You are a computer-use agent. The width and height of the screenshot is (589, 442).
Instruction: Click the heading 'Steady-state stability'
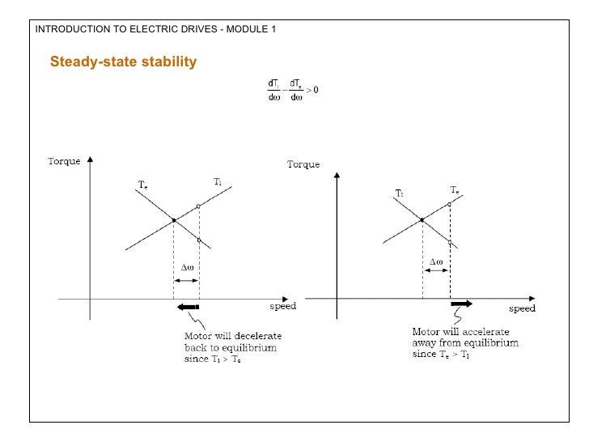[123, 62]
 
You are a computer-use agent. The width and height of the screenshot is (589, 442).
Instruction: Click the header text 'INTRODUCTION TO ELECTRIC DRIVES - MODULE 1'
[155, 30]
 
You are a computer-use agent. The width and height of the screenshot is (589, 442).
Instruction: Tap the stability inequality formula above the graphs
[292, 90]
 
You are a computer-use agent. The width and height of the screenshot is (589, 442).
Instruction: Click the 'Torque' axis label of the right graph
[303, 165]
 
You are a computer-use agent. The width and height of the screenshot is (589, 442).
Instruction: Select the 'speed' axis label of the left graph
[282, 307]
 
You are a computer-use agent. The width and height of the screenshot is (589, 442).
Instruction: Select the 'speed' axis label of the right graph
[522, 308]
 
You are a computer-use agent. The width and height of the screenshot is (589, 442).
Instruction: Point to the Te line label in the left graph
[142, 185]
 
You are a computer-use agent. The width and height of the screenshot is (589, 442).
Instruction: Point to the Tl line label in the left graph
[218, 182]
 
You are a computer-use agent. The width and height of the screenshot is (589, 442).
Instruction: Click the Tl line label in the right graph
[400, 193]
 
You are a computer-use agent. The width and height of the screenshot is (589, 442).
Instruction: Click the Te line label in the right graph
[455, 189]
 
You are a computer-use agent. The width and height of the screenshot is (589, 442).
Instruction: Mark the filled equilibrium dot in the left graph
[174, 220]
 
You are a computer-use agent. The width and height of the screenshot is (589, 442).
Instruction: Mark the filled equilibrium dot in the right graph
[422, 220]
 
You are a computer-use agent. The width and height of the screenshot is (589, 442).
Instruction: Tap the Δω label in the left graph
[185, 266]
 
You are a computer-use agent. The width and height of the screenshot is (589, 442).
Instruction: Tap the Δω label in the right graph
[435, 262]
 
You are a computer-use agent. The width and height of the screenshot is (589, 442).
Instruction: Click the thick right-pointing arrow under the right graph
[461, 304]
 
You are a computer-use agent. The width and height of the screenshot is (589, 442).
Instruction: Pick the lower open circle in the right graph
[450, 242]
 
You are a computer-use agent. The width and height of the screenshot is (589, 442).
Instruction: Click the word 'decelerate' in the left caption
[258, 336]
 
